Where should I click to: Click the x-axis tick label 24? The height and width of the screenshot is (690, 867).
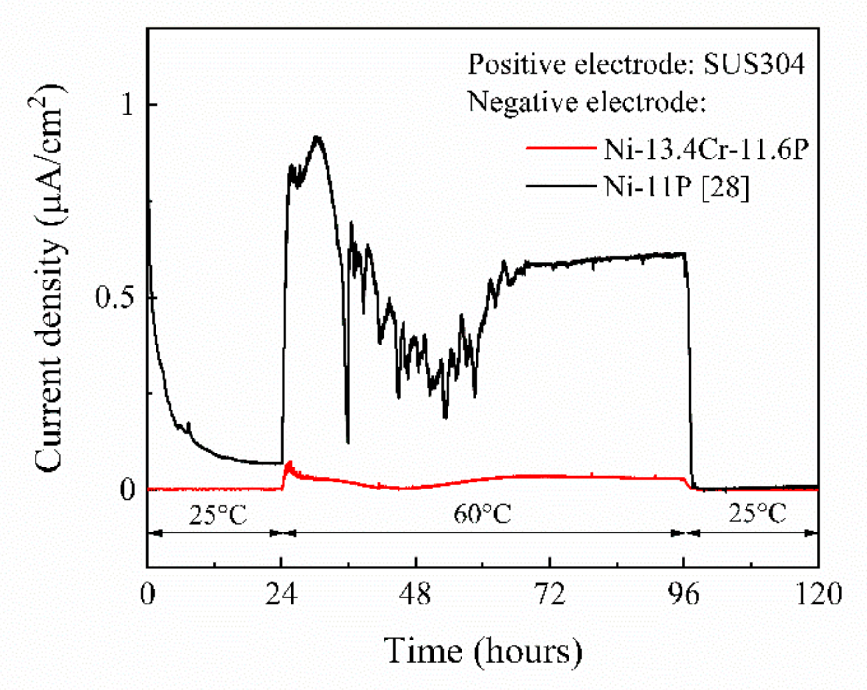[x=281, y=594]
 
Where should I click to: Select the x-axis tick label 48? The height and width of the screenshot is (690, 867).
[x=415, y=594]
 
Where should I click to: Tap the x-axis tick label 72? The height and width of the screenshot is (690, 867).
[x=550, y=594]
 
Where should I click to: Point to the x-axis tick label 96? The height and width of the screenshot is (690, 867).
[x=684, y=594]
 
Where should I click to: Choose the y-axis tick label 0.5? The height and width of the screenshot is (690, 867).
[x=115, y=297]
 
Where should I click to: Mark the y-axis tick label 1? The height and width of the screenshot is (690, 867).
[x=127, y=104]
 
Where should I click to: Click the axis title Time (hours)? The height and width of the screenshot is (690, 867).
[x=483, y=651]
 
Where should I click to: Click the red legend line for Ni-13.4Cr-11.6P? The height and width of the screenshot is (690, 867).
[x=561, y=148]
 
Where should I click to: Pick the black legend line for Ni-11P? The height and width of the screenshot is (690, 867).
[x=561, y=186]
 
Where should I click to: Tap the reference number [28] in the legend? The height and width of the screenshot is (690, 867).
[x=725, y=187]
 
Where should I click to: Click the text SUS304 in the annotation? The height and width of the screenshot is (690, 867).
[x=754, y=64]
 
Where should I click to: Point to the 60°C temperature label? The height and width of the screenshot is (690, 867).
[x=482, y=514]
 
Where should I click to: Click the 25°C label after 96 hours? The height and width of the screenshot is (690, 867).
[x=757, y=513]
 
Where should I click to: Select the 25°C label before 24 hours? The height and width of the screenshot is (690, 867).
[x=218, y=515]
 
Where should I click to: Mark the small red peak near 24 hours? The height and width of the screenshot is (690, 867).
[x=290, y=463]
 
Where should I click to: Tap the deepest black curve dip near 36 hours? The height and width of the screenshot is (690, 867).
[x=348, y=441]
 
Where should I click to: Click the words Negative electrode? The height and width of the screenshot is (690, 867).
[x=586, y=102]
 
